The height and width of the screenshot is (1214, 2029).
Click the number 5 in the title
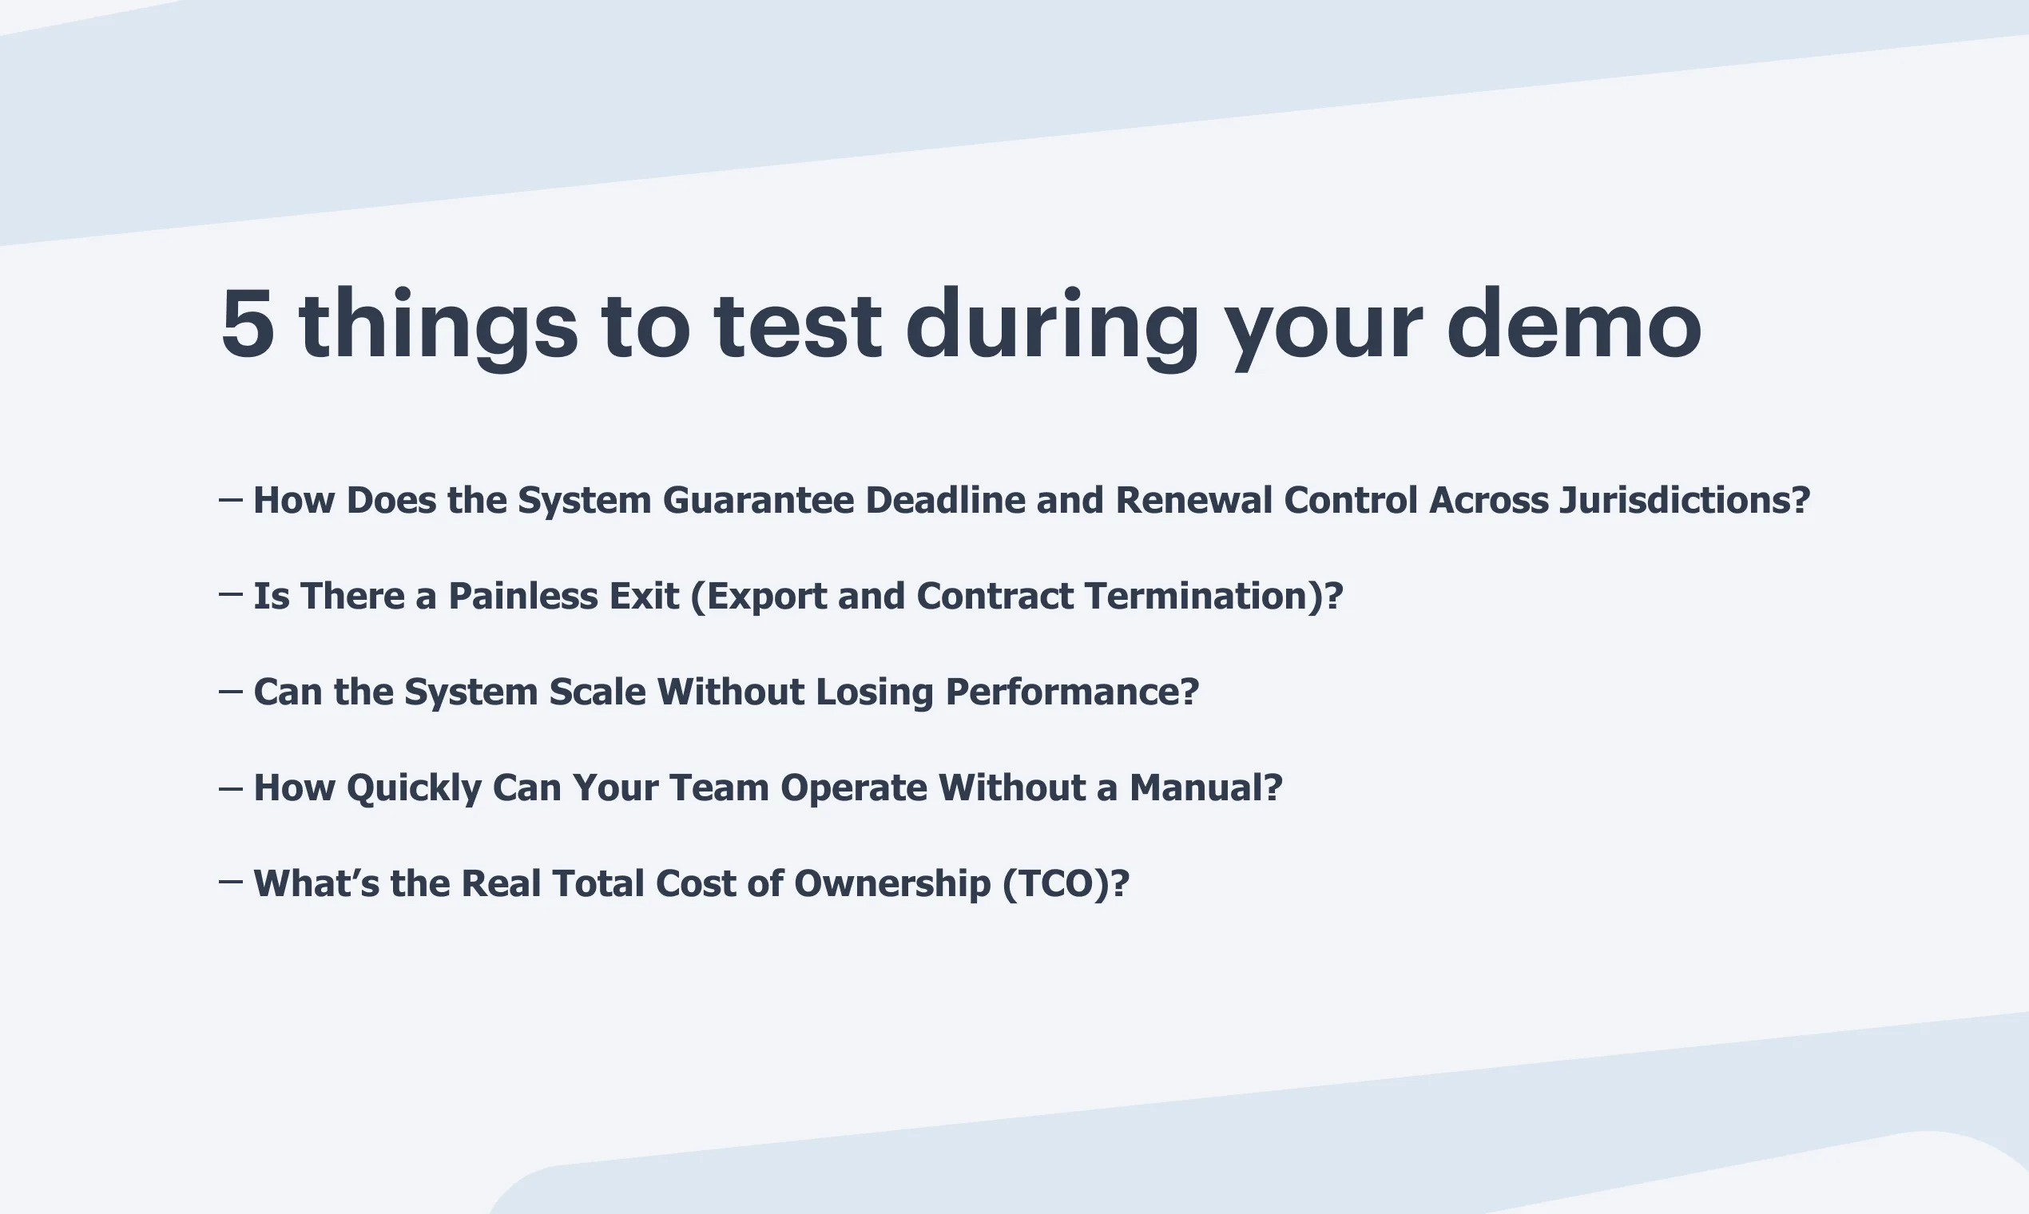(247, 324)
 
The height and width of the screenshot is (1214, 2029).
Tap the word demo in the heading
(1574, 323)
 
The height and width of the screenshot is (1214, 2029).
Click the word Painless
(564, 597)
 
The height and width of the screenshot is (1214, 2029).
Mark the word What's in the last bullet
(316, 883)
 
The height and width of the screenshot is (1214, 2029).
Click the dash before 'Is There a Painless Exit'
(231, 595)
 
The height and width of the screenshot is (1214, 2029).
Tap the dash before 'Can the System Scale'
(231, 691)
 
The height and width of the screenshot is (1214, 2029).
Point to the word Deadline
(945, 501)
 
